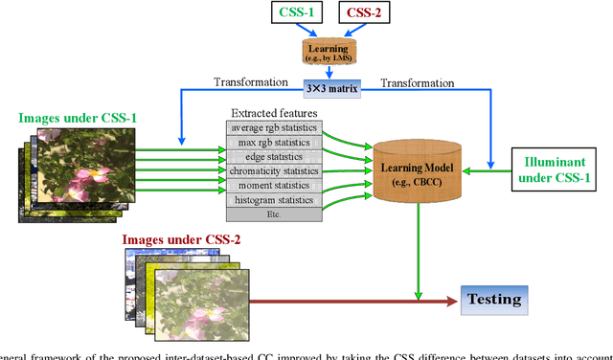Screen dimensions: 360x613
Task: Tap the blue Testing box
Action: pyautogui.click(x=494, y=299)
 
